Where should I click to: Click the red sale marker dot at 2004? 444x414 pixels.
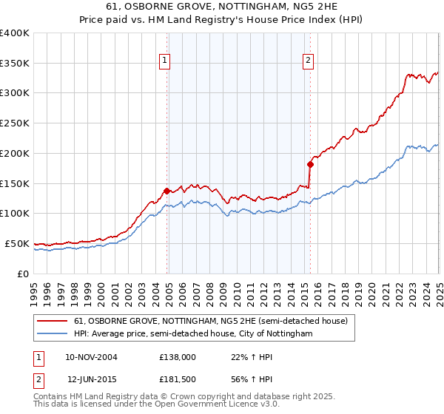coord(166,191)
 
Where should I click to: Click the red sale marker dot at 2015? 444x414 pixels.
coord(310,164)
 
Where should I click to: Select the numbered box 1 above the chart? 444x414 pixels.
coord(164,61)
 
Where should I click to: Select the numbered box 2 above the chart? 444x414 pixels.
coord(307,61)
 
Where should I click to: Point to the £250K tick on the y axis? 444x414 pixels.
coord(16,123)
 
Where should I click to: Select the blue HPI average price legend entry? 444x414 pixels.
coord(193,334)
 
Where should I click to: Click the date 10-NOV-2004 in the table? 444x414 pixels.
coord(91,357)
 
